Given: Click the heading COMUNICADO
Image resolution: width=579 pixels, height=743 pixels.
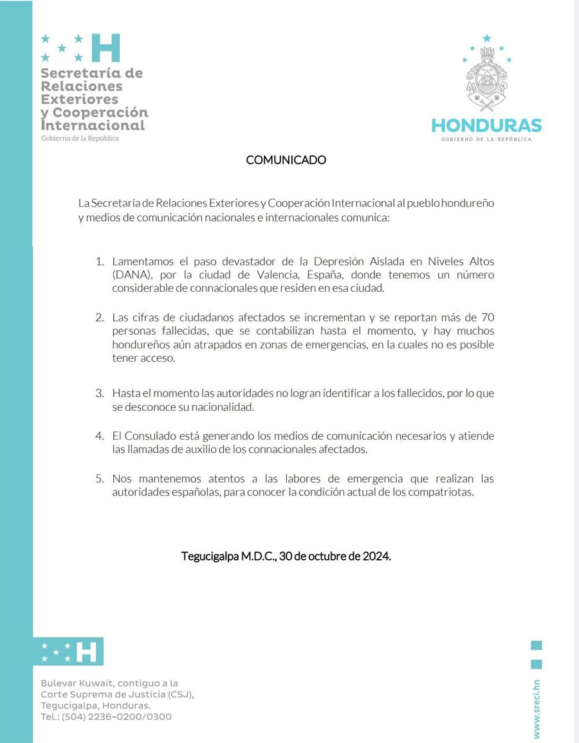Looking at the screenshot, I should tap(286, 160).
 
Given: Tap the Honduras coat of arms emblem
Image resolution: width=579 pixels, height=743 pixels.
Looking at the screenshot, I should tap(487, 80).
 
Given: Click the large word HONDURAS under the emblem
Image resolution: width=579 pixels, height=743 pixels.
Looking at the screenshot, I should tap(486, 125).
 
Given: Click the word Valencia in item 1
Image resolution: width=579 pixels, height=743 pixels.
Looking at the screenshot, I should tap(250, 275).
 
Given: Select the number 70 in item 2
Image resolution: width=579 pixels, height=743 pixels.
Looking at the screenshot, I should tap(488, 318).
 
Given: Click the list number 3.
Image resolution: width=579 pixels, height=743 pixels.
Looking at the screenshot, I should tap(100, 393).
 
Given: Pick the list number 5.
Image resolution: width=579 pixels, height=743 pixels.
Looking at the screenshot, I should tap(100, 479).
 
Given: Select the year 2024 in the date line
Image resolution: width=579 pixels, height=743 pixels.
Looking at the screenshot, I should tap(376, 556).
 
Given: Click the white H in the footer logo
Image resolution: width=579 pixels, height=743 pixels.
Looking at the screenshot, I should tap(86, 652).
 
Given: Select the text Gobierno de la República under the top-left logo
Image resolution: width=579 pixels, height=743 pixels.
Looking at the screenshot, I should tap(80, 139).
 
